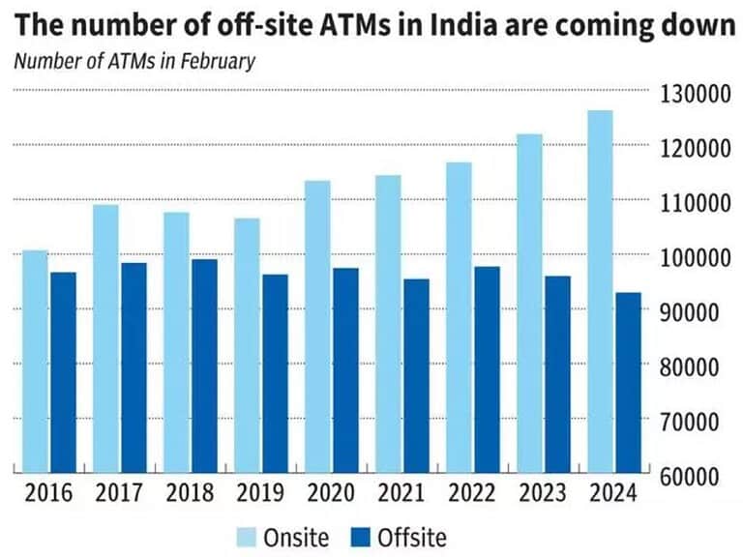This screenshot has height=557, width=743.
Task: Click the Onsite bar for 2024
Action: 601,291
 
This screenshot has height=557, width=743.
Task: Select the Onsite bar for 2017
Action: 106,338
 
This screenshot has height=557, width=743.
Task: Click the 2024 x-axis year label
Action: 613,493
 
